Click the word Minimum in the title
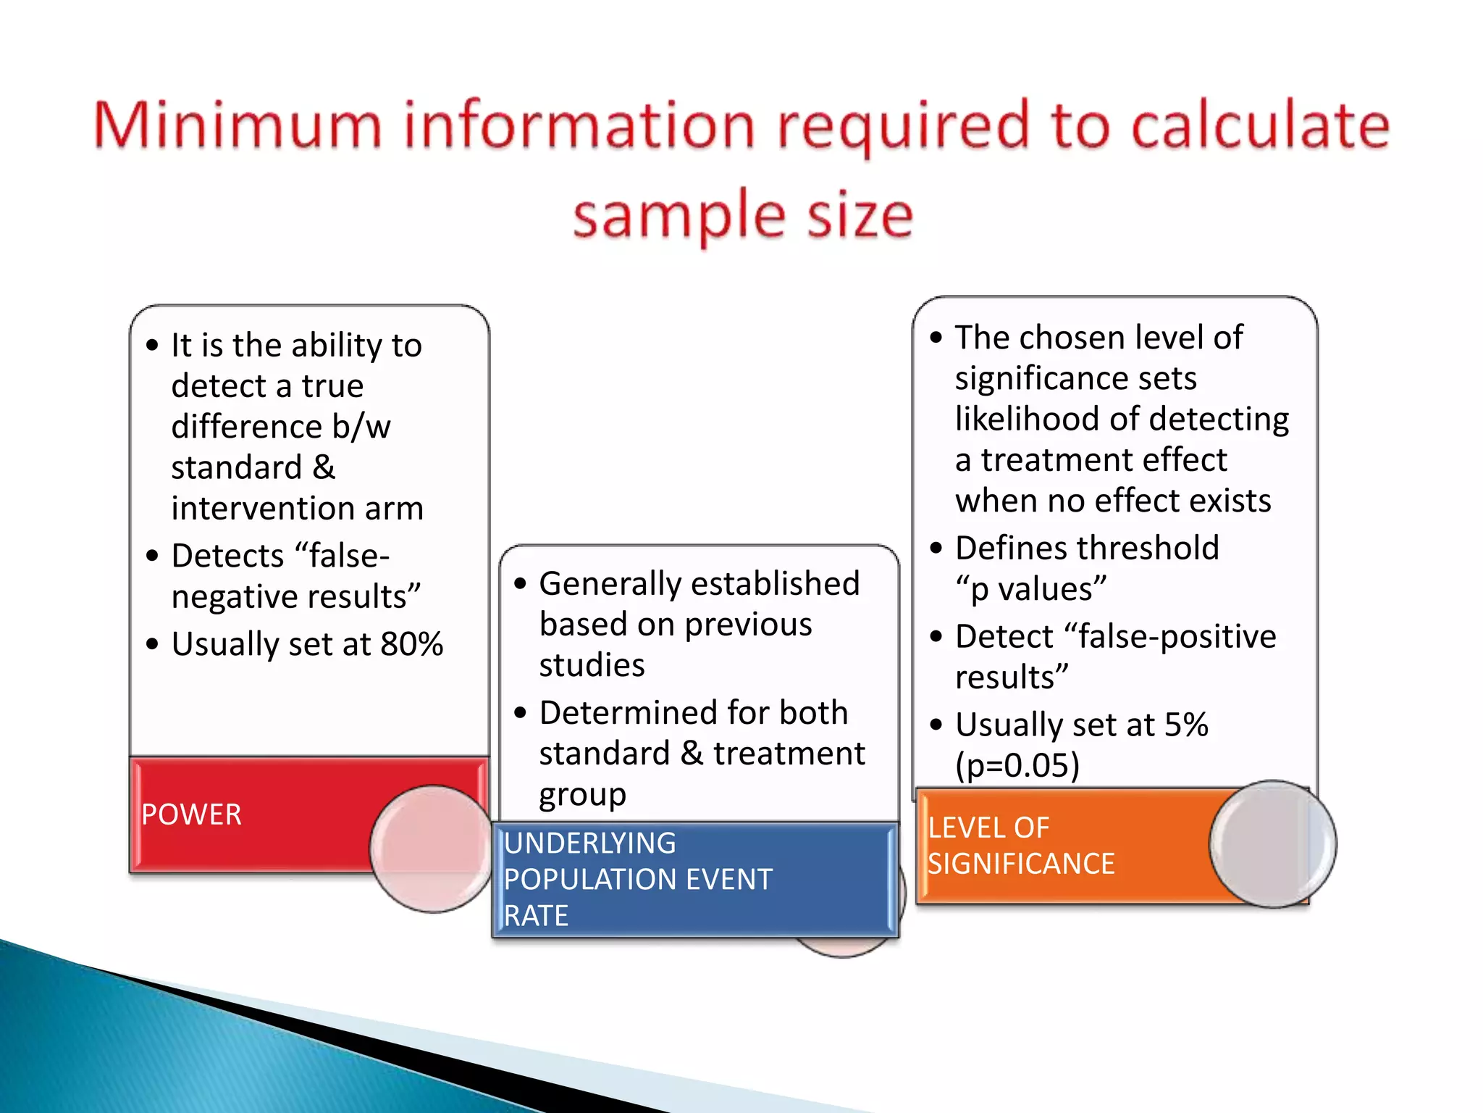[x=238, y=126]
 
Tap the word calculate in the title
[x=1260, y=126]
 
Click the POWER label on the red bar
[x=191, y=814]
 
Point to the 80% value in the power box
[x=411, y=643]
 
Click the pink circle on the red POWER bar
[x=432, y=848]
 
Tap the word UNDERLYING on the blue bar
[x=589, y=843]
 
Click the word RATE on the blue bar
[x=536, y=916]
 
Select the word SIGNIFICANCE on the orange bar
[x=1021, y=864]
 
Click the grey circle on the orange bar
[x=1272, y=843]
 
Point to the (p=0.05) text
[x=1017, y=765]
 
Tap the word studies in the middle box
[x=592, y=665]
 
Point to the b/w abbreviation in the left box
[x=361, y=427]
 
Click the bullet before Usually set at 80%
[x=152, y=643]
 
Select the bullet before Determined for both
[x=520, y=712]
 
